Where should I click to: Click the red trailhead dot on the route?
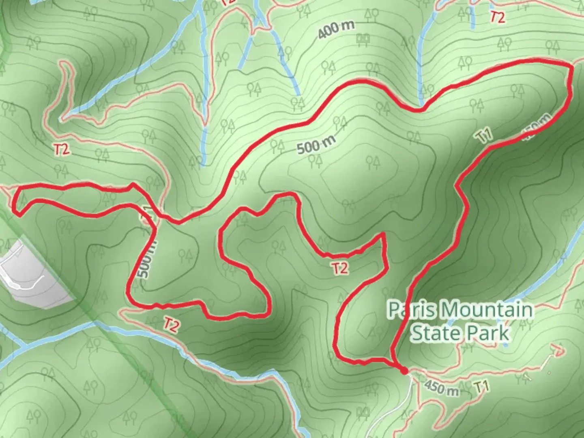(404, 370)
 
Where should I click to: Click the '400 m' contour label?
(336, 30)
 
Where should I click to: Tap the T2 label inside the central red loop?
(340, 268)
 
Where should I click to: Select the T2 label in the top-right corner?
(498, 17)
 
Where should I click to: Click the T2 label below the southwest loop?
(171, 325)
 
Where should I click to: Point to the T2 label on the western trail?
(61, 150)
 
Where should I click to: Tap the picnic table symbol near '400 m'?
(362, 39)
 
